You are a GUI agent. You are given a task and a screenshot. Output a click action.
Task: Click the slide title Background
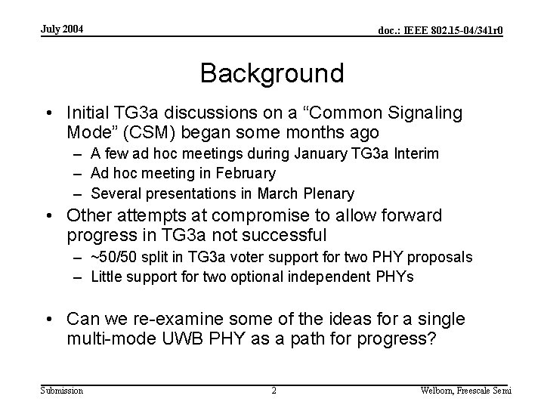pos(272,73)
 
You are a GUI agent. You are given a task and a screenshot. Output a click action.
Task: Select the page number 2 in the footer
pos(274,391)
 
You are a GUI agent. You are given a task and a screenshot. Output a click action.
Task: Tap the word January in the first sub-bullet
pos(283,154)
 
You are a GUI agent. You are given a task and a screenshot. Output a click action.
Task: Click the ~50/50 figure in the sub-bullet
pos(113,258)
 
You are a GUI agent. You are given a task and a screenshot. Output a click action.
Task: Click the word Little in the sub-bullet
pos(107,277)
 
